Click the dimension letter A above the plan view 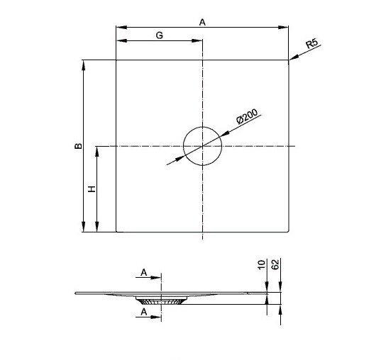tap(202, 23)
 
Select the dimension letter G tap(159, 35)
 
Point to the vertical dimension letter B tap(78, 146)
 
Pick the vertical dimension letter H tap(92, 189)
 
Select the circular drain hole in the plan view tap(202, 147)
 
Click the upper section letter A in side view tap(144, 272)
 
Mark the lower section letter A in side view tap(144, 311)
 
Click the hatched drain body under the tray tap(161, 300)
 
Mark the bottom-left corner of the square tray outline tap(116, 232)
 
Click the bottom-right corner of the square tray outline tap(289, 232)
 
